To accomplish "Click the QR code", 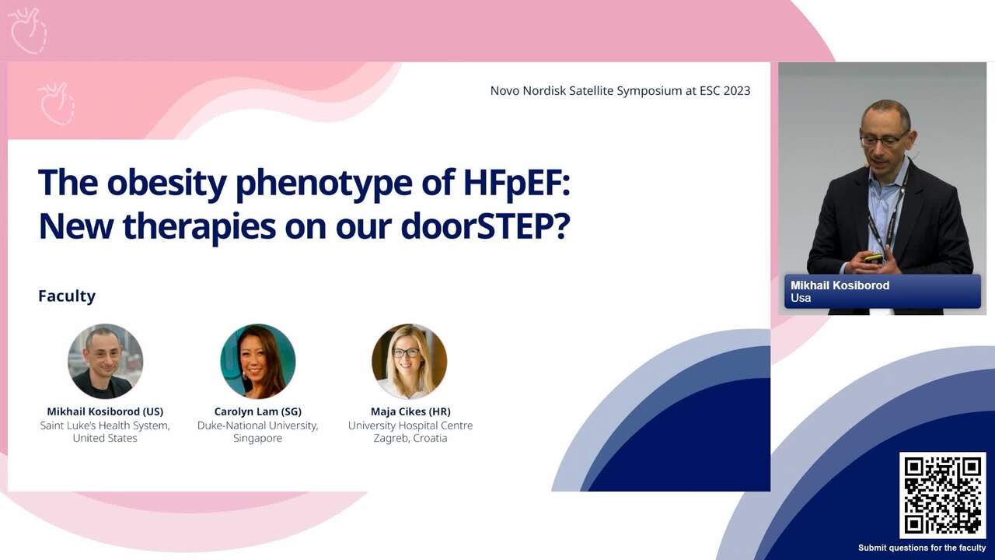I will (x=943, y=495).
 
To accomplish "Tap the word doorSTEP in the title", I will (x=484, y=226).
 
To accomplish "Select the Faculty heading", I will (x=67, y=296).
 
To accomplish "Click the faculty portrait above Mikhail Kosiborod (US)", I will (x=106, y=362).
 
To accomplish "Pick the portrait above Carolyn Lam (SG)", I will (x=258, y=362).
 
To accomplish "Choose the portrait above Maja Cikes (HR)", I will (x=410, y=362).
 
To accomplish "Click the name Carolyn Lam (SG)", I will (x=258, y=411).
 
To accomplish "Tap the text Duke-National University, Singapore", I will (x=258, y=432).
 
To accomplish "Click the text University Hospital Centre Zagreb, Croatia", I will (x=410, y=432).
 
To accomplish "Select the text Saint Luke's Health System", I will (x=105, y=425).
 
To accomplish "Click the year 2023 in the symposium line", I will (x=735, y=91).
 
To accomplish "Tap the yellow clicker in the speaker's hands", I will (x=875, y=257).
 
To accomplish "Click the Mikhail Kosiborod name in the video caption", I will (x=840, y=285).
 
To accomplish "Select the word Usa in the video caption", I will (x=801, y=298).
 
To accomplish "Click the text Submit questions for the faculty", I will (x=922, y=548).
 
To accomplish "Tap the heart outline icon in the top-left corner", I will (x=28, y=32).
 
